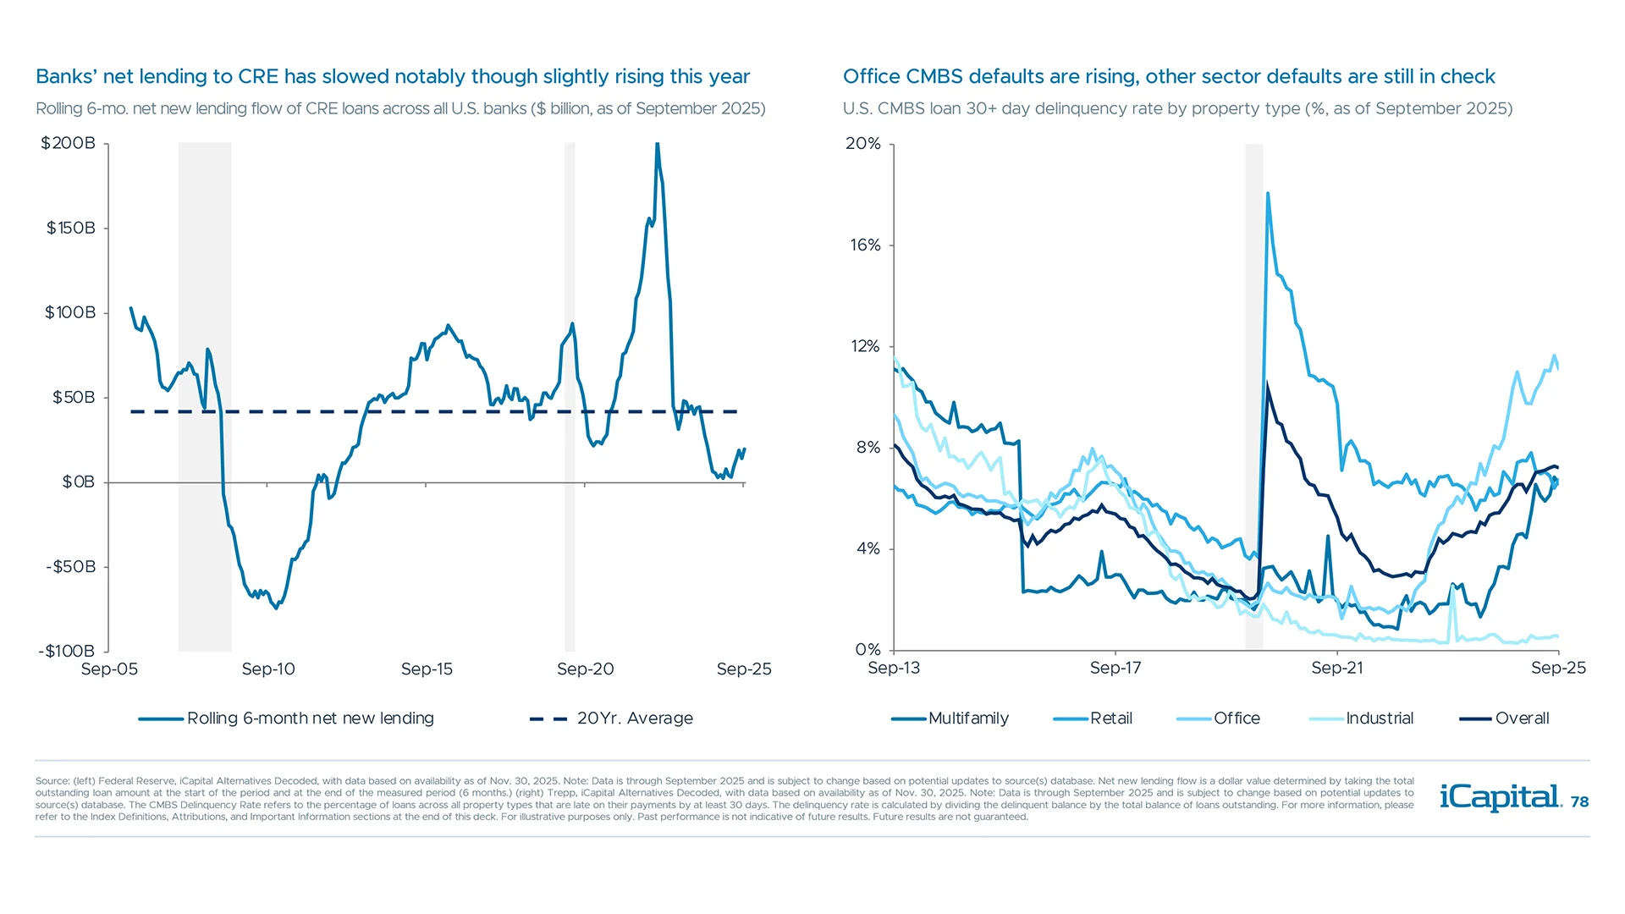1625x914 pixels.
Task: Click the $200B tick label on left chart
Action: coord(68,143)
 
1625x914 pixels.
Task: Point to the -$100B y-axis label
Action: coord(66,651)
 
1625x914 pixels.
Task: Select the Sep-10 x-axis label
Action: coord(268,669)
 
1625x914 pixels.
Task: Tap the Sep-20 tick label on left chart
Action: coord(585,669)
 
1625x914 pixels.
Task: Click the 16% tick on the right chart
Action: coord(865,245)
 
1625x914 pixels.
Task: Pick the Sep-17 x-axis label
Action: coord(1115,668)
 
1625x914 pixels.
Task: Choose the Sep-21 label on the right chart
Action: coord(1336,668)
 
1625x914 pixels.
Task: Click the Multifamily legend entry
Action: coord(967,719)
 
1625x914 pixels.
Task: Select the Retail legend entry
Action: coord(1110,719)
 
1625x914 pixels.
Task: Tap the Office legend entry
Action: coord(1236,719)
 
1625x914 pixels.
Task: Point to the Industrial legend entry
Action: coord(1379,719)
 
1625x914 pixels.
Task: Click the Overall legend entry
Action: coord(1521,719)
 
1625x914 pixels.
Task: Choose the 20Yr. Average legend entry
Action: coord(634,719)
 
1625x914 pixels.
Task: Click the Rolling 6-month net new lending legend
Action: coord(310,719)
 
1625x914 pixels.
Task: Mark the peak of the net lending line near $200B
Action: coord(658,146)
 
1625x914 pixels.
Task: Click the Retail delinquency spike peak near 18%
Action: coord(1267,194)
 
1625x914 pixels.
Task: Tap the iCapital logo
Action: coord(1500,797)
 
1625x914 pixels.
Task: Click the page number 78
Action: coord(1579,801)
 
